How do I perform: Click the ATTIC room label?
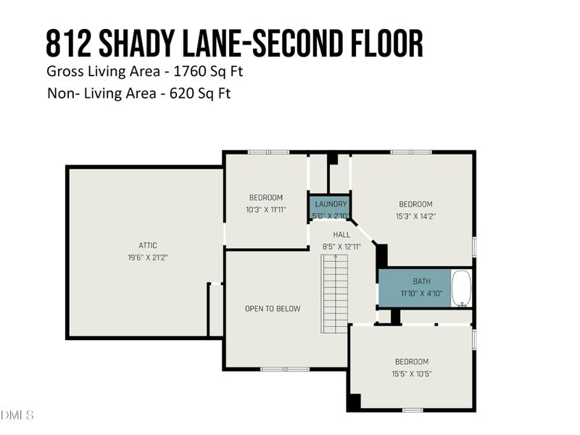tap(148, 245)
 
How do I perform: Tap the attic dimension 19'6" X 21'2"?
tap(148, 257)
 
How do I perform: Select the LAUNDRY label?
tap(331, 204)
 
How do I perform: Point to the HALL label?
tap(341, 235)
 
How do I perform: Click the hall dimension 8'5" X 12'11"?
tap(341, 246)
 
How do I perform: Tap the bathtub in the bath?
tap(461, 289)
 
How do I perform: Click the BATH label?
tap(421, 281)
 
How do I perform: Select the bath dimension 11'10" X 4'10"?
tap(421, 294)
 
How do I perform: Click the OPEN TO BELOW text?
tap(273, 309)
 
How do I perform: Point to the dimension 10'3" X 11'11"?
tap(266, 210)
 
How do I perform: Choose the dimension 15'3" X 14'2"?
tap(415, 216)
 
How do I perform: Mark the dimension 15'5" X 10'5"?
tap(411, 373)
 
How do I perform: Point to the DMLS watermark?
tap(17, 415)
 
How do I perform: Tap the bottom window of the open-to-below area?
tap(275, 369)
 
